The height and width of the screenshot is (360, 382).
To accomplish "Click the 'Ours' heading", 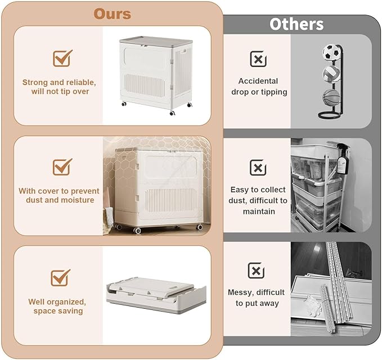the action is click(113, 14).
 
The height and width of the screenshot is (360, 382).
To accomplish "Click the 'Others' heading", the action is click(296, 24).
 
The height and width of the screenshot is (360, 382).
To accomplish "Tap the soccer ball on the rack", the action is click(331, 52).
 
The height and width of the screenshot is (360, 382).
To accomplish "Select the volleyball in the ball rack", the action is click(331, 73).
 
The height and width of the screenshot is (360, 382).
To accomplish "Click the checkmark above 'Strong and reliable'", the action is click(62, 58).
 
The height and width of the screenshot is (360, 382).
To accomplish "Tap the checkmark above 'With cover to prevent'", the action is click(62, 166).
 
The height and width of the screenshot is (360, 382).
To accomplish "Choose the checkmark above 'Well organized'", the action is click(60, 278).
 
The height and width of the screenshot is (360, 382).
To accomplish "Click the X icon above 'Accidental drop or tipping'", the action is click(258, 59).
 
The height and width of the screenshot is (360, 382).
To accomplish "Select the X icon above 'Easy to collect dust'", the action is click(258, 168).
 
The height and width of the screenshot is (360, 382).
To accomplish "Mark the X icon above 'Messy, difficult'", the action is click(256, 271).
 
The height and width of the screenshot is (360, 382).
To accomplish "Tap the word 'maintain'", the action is click(259, 211).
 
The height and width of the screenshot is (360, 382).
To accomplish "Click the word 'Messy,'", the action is click(241, 292).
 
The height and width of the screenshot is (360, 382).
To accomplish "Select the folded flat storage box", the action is click(156, 294).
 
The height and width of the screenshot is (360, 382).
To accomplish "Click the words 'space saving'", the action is click(58, 311).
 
